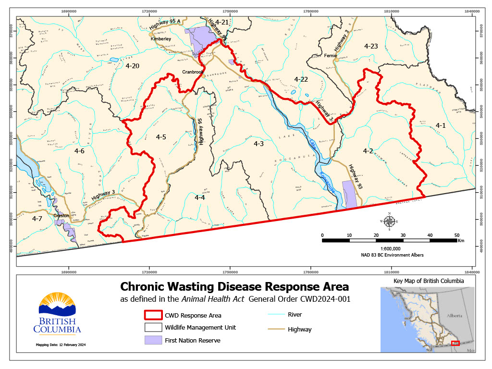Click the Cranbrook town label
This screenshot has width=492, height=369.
[193, 72]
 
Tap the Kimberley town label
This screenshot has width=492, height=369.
[161, 39]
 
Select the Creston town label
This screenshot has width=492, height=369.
[61, 216]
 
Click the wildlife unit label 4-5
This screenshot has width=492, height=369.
[161, 137]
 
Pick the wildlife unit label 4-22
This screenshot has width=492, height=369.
[301, 79]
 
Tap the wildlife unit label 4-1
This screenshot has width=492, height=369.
[441, 125]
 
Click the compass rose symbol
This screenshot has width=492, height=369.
[390, 221]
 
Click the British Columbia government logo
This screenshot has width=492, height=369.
[57, 313]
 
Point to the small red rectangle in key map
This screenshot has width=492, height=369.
[455, 343]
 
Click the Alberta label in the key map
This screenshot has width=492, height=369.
[454, 316]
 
